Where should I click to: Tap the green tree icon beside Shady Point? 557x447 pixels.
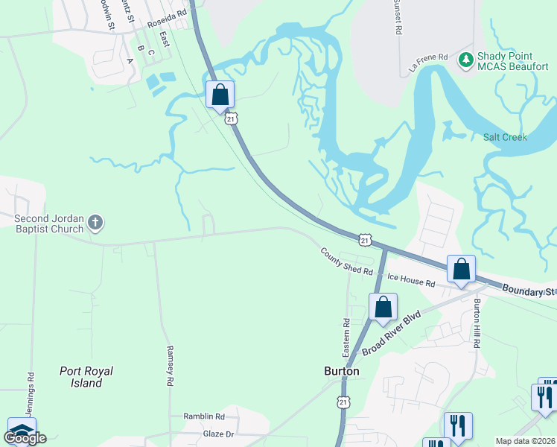(x=466, y=58)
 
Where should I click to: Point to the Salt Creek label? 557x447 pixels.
(x=505, y=137)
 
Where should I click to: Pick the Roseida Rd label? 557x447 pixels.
(x=166, y=24)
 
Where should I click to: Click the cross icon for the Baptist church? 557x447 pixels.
(x=95, y=221)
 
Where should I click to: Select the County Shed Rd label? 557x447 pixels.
(x=346, y=261)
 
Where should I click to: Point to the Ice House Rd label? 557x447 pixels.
(x=410, y=282)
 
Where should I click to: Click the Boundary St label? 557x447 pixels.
(x=529, y=291)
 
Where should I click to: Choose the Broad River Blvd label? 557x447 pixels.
(x=391, y=333)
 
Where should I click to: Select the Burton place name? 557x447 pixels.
(x=342, y=371)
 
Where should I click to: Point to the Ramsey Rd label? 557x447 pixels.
(x=170, y=365)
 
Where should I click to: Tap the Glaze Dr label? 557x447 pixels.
(x=218, y=434)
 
